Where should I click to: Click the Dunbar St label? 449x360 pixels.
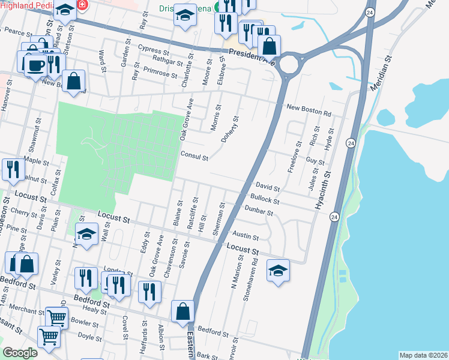pyautogui.click(x=259, y=212)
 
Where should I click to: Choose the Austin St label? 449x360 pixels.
pyautogui.click(x=246, y=237)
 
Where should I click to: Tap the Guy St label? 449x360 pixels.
pyautogui.click(x=315, y=162)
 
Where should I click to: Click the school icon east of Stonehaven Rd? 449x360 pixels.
pyautogui.click(x=278, y=269)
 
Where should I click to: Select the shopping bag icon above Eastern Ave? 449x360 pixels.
pyautogui.click(x=183, y=311)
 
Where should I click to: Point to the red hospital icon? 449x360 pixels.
pyautogui.click(x=82, y=5)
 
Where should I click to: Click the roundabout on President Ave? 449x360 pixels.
pyautogui.click(x=289, y=63)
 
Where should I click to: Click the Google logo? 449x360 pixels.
pyautogui.click(x=20, y=352)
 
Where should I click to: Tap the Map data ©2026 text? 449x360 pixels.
pyautogui.click(x=423, y=355)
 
